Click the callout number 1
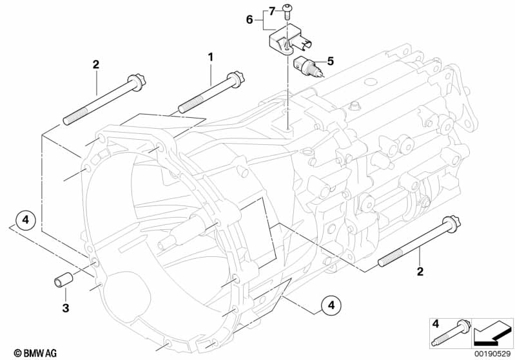[210, 57]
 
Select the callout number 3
[66, 308]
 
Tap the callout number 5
[330, 61]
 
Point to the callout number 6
[249, 20]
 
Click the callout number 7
[271, 12]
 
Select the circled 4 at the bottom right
[331, 305]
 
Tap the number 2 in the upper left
[95, 64]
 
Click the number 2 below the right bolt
[420, 272]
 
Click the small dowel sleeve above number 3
[64, 279]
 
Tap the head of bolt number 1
[237, 79]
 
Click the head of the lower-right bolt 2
[451, 223]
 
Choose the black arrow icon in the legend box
[492, 334]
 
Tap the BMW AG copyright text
[35, 353]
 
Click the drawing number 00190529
[492, 354]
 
